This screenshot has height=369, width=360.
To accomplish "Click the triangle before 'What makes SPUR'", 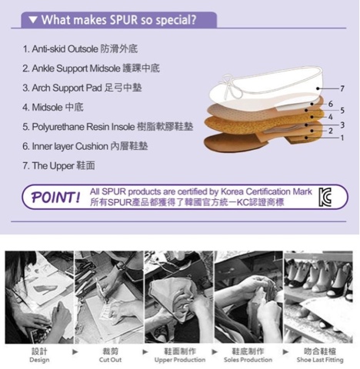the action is click(x=33, y=20).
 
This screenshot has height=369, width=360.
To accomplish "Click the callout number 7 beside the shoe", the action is click(x=342, y=88).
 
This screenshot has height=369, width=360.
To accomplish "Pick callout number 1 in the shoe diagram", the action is click(x=342, y=138).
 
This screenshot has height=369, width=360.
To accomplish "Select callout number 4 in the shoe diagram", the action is click(x=331, y=117).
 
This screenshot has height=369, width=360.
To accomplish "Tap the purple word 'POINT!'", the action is click(x=55, y=198).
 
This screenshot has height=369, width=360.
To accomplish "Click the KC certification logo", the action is click(x=325, y=197).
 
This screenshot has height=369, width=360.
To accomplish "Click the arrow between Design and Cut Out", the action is click(x=75, y=352).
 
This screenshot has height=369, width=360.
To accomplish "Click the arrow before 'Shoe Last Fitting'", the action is click(x=285, y=352).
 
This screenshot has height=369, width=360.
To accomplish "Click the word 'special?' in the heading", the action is click(x=176, y=20).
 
